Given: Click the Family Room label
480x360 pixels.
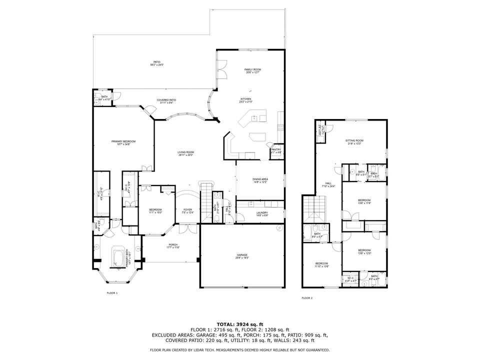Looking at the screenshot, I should [253, 70].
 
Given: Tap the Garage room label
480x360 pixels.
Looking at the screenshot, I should [242, 256].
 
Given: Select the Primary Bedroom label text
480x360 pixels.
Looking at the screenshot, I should [123, 142].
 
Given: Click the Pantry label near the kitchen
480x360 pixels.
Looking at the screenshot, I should [275, 150].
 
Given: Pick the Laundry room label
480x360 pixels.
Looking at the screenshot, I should [262, 214].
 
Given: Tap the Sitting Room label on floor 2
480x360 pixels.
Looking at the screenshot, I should [354, 142].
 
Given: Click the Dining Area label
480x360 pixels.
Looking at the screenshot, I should [260, 180].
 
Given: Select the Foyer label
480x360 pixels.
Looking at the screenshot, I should [187, 210].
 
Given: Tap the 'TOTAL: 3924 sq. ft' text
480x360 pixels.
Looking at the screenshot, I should [239, 324].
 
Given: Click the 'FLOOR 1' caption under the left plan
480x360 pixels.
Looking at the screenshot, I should [112, 293].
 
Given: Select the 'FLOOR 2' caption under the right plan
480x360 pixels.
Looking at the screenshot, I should [307, 298].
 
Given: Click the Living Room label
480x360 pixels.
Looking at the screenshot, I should [185, 153].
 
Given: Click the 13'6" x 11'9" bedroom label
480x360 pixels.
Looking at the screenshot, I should [364, 201].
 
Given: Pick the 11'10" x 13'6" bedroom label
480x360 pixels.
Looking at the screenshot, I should [321, 264].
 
